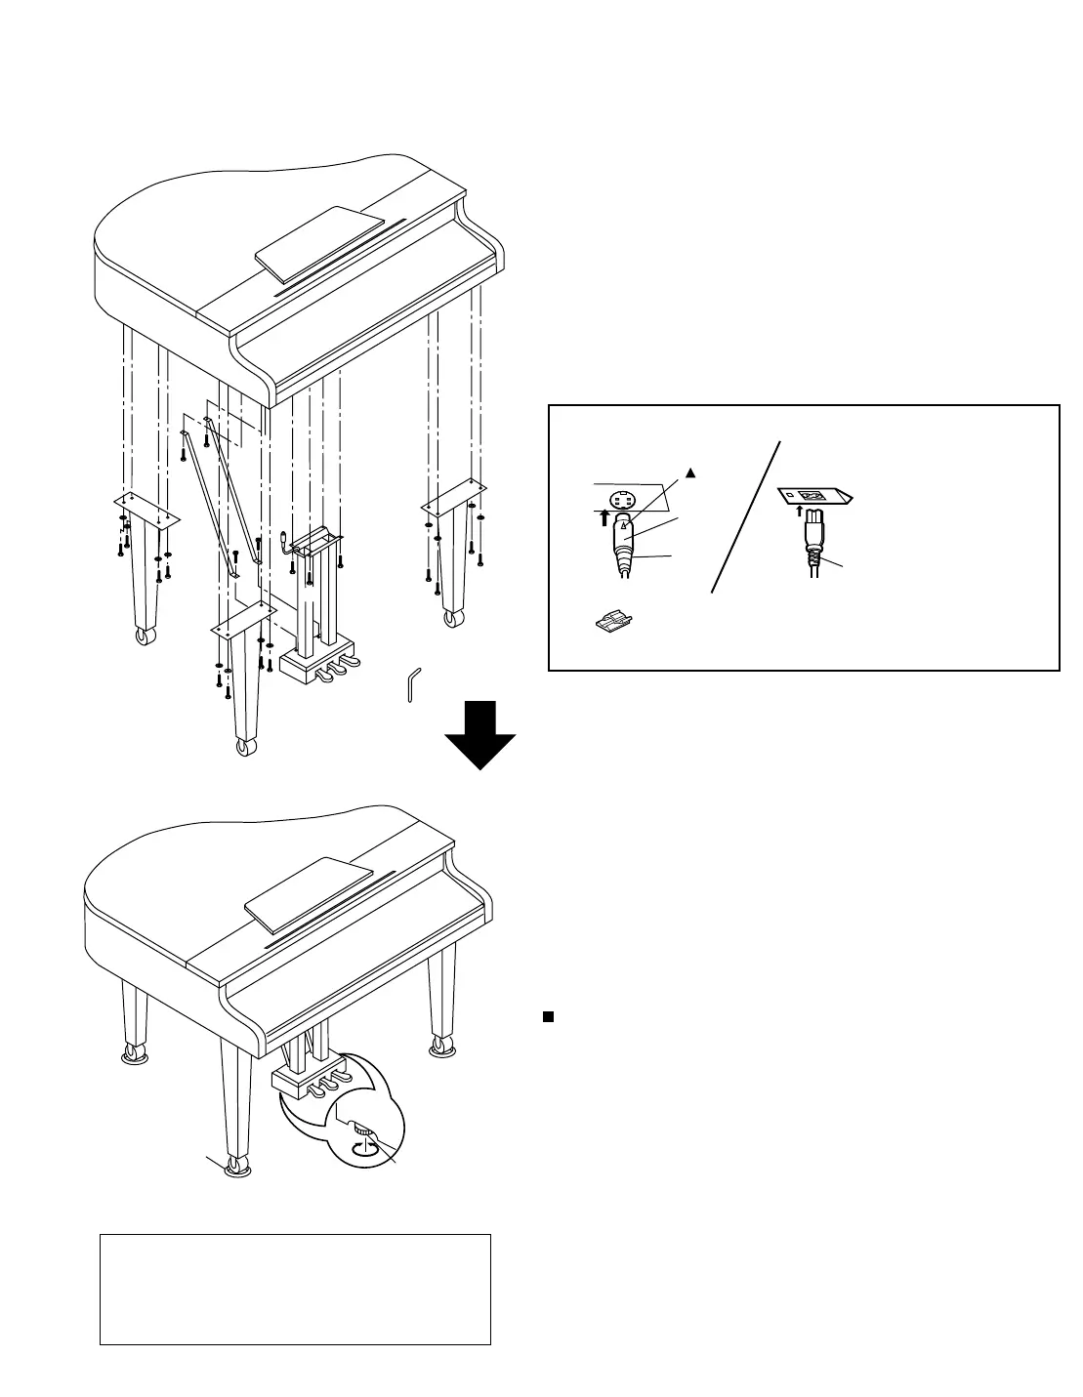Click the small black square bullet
tap(548, 1017)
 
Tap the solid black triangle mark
tap(689, 473)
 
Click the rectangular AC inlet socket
tap(810, 496)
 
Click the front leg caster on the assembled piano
tap(237, 1168)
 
